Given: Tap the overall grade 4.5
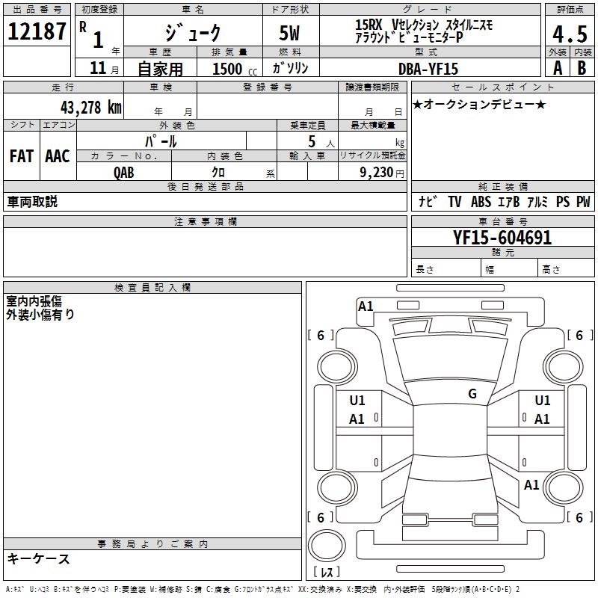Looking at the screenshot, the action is tap(569, 34).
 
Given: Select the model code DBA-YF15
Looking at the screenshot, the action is tap(428, 68).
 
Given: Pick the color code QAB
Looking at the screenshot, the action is tap(124, 173).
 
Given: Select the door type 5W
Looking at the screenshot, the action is tap(291, 34).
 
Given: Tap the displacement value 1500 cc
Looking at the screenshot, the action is tap(228, 69).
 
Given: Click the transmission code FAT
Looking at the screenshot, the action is tap(21, 156).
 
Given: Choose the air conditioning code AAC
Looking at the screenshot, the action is tap(57, 156).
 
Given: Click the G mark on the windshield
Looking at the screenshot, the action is tap(472, 394).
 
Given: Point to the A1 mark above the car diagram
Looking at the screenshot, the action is tap(366, 306).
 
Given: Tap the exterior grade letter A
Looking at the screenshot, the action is tap(557, 68).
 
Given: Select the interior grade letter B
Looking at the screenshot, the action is tap(582, 68).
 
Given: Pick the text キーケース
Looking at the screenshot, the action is tap(38, 559).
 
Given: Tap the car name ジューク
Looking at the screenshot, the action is tap(194, 34).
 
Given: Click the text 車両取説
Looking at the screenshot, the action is tap(32, 202).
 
